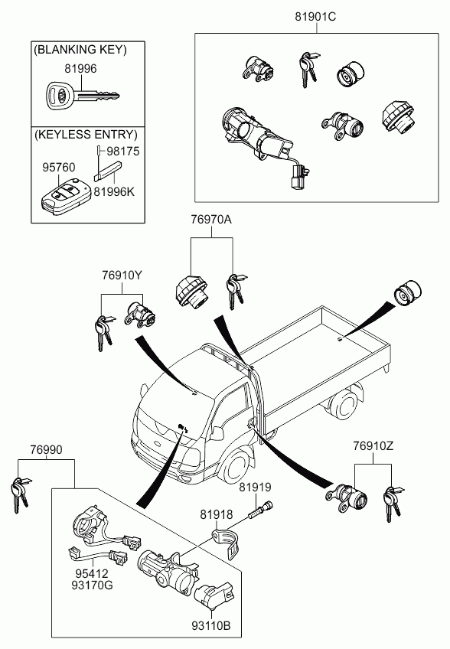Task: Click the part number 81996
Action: (x=80, y=69)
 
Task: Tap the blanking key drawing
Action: (x=82, y=96)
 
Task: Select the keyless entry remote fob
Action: (x=65, y=196)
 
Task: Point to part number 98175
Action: (x=123, y=152)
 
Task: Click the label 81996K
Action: (x=114, y=192)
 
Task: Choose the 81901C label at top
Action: (x=315, y=17)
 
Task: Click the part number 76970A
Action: (x=211, y=220)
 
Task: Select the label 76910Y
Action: (x=122, y=276)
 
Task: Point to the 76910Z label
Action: (x=373, y=446)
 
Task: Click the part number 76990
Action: (x=46, y=450)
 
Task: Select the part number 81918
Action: (x=217, y=514)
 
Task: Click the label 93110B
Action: (x=210, y=625)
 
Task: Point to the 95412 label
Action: (x=92, y=574)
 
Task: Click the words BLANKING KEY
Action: (x=80, y=50)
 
